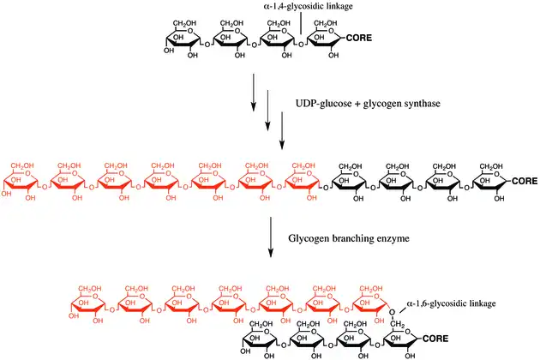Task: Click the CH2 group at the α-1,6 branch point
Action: pos(399,325)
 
